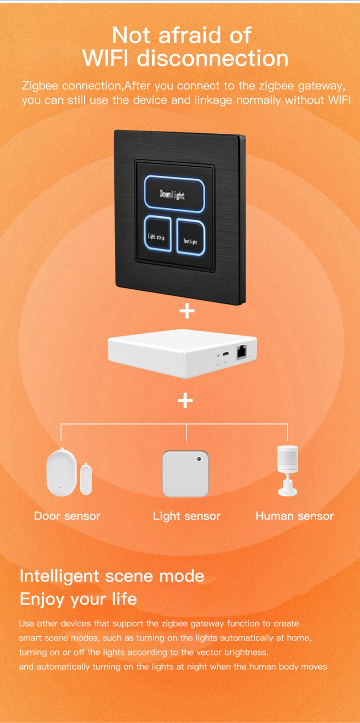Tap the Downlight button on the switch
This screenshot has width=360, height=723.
pos(174,194)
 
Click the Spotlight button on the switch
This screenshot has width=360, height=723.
pos(191,237)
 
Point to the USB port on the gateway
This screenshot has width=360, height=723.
pos(226,354)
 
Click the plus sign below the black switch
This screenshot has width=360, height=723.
pos(187,311)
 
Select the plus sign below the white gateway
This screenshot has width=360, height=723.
pos(185,400)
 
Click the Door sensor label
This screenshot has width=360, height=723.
pos(67,516)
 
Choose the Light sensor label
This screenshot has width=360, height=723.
pos(186,516)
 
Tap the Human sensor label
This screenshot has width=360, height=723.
pos(294,516)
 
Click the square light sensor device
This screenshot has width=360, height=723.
pos(185,473)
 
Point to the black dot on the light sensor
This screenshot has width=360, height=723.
pos(199,459)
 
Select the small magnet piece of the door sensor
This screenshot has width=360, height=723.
pos(86,479)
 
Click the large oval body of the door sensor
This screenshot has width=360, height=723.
pos(61,472)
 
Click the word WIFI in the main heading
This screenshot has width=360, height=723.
pos(105,59)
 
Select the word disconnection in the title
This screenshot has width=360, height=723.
pos(212,59)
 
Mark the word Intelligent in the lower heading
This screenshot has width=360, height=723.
pos(59,576)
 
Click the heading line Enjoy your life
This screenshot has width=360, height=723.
pos(78,599)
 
